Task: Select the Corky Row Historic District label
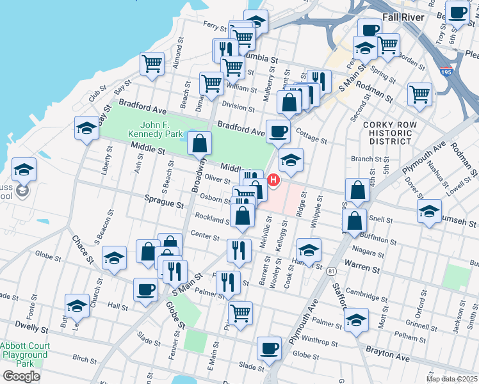pyautogui.click(x=386, y=132)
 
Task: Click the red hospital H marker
pyautogui.click(x=274, y=181)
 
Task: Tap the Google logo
pyautogui.click(x=21, y=376)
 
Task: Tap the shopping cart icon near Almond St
pyautogui.click(x=152, y=63)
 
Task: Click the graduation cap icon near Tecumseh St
pyautogui.click(x=429, y=209)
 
